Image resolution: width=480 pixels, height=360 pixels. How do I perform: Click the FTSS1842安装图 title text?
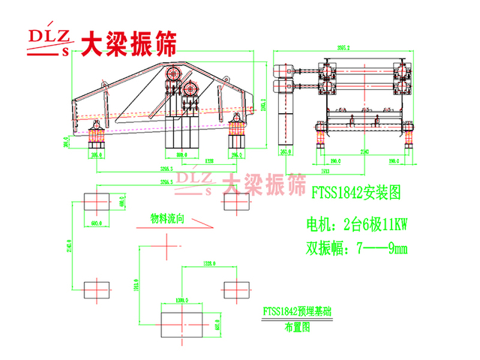point(356,193)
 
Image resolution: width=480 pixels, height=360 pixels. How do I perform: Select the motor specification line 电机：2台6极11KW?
point(356,223)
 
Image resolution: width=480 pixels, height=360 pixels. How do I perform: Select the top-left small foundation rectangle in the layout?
point(95,202)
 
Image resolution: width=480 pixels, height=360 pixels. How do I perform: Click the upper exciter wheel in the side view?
point(174,73)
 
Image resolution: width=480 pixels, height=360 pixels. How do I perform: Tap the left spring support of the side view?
point(97,139)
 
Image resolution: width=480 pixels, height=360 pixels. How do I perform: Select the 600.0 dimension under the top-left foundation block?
point(95,223)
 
